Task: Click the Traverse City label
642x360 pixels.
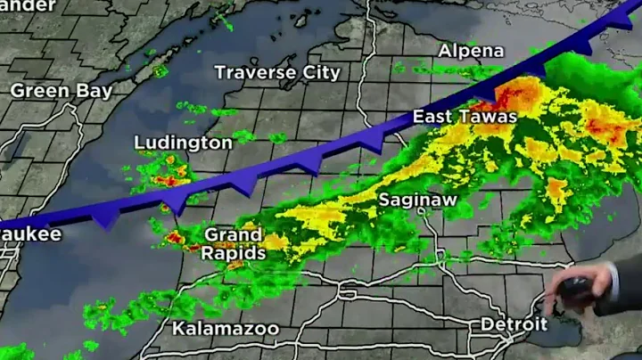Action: click(277, 72)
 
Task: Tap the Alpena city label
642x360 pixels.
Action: click(471, 51)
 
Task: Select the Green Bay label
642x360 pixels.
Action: click(62, 91)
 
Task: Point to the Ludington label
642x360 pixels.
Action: click(183, 143)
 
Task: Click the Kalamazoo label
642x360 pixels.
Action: click(225, 329)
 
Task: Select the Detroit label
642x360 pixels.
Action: click(513, 324)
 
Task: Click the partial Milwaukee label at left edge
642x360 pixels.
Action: click(30, 234)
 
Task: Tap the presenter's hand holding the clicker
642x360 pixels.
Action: click(571, 290)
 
